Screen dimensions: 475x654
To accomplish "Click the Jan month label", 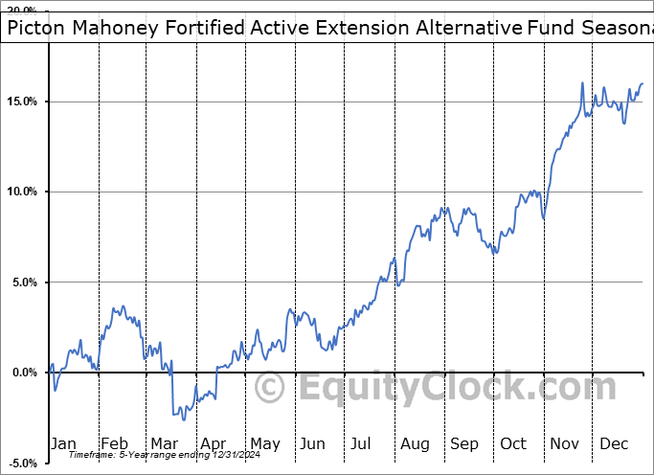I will [62, 443].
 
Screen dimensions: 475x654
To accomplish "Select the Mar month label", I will [163, 443].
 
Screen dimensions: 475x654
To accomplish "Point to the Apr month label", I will [213, 443].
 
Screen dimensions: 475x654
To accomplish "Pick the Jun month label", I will [313, 443].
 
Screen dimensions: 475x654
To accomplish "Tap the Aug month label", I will [414, 443].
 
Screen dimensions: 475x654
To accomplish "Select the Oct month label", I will [513, 443].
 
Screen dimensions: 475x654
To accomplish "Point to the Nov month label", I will [564, 443].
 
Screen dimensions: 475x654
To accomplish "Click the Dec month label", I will [613, 443].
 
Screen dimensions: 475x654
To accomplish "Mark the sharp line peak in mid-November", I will [582, 83].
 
